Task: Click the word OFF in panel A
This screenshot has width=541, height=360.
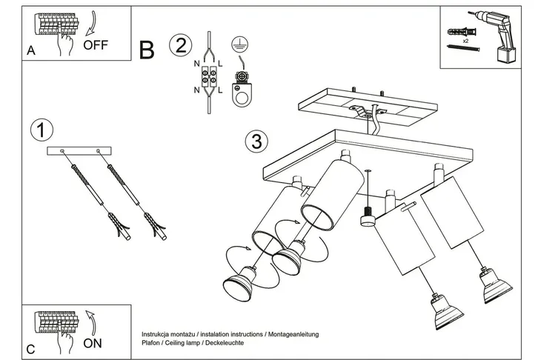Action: [96, 44]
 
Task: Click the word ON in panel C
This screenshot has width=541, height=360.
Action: [93, 344]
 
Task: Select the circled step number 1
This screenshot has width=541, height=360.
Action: [42, 130]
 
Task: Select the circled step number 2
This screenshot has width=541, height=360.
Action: [179, 45]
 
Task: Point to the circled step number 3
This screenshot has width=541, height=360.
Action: [256, 140]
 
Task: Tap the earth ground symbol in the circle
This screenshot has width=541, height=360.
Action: [239, 44]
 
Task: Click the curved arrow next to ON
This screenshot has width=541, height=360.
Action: [89, 324]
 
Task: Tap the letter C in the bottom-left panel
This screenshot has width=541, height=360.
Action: [30, 349]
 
